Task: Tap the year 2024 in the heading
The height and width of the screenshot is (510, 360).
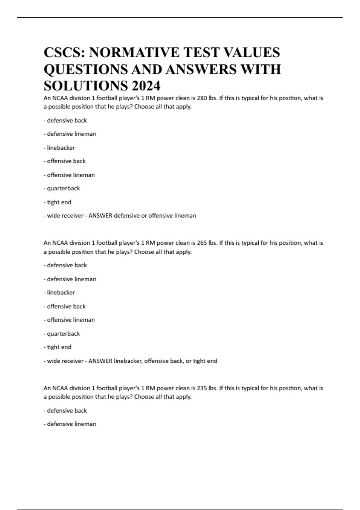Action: click(x=146, y=86)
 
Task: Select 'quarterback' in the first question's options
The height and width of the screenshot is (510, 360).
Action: click(x=63, y=188)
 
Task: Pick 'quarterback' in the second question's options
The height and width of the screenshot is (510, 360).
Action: click(x=63, y=334)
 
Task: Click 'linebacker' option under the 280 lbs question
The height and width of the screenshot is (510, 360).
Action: click(x=61, y=148)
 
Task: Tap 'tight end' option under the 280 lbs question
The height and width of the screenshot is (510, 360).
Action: click(x=59, y=202)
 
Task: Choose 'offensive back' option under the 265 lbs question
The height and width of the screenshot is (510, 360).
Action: click(x=66, y=306)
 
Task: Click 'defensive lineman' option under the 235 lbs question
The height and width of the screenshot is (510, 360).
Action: click(x=71, y=424)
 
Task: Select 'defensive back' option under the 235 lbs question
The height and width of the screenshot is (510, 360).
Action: click(x=67, y=410)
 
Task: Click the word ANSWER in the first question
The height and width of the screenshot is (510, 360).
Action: click(x=100, y=216)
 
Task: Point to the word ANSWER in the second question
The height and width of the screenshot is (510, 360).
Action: click(x=100, y=361)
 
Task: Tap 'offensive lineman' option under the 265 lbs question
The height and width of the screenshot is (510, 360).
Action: click(x=71, y=320)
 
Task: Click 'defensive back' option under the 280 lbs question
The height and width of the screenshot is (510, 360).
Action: click(x=67, y=120)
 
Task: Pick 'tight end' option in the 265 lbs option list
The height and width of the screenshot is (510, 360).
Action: click(x=59, y=347)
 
